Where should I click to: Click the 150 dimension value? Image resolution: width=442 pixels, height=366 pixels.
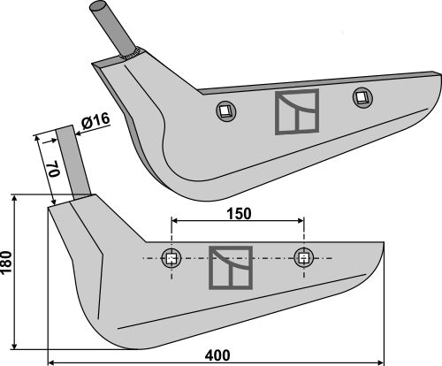[x=238, y=213]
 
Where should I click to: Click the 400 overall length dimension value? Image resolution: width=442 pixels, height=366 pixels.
[x=217, y=355]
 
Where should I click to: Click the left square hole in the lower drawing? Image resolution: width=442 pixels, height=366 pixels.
[x=171, y=259]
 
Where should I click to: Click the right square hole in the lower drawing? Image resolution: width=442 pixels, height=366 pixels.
[x=304, y=258]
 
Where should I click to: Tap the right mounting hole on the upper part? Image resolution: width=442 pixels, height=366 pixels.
[x=359, y=95]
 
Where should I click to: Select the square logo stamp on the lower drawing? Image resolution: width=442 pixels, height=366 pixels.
[x=230, y=267]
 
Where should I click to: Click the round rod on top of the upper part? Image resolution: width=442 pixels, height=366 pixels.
[x=111, y=27]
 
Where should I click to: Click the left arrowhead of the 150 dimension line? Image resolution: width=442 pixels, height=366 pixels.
[x=175, y=221]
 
